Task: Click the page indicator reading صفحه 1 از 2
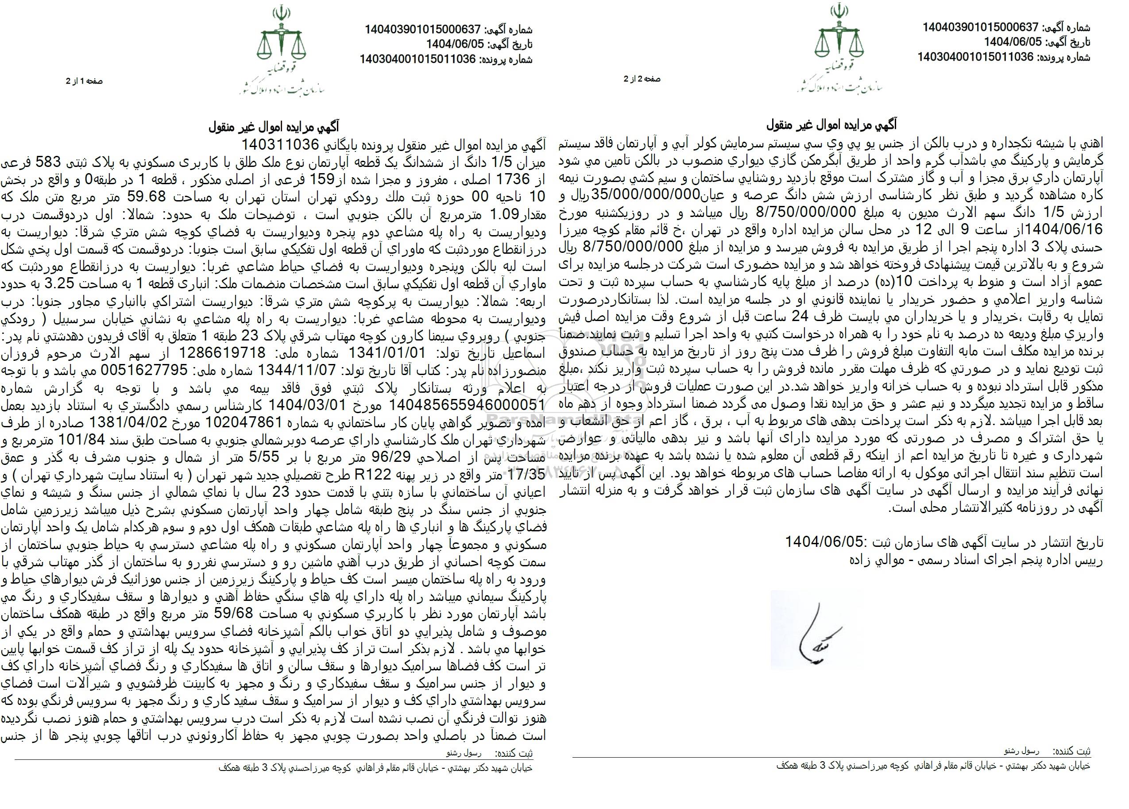pyautogui.click(x=84, y=81)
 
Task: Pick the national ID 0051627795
pyautogui.click(x=144, y=369)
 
